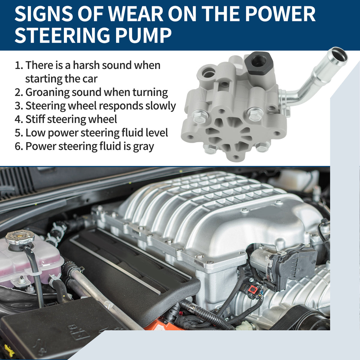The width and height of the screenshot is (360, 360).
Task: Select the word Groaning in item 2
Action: (x=47, y=93)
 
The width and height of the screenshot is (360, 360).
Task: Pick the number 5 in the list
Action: (x=18, y=133)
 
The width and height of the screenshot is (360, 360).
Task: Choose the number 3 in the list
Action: (x=18, y=106)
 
